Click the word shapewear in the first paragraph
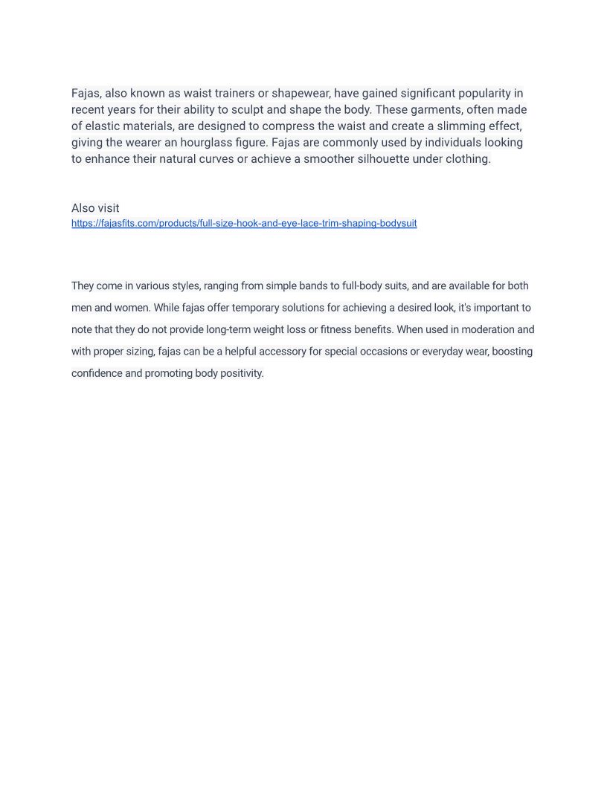[x=301, y=94]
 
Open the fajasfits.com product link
[x=244, y=224]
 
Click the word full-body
[x=362, y=286]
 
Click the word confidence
[x=97, y=373]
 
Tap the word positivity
[x=242, y=373]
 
